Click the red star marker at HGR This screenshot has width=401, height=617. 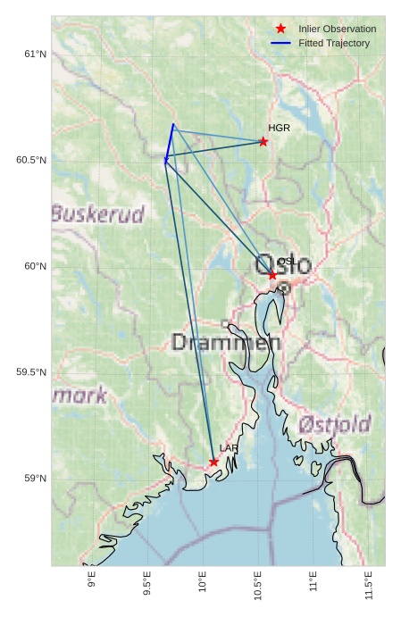tap(263, 141)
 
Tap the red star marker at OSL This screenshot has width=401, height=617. tap(272, 275)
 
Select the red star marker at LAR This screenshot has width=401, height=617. tap(213, 462)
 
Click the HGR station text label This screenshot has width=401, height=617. tap(279, 129)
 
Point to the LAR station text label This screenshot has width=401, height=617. tap(229, 448)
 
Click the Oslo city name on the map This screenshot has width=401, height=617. tap(283, 265)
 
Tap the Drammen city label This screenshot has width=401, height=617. tap(226, 342)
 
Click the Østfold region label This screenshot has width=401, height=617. tap(335, 424)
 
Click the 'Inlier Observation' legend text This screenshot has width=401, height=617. tap(338, 29)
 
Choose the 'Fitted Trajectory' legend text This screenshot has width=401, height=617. tap(334, 43)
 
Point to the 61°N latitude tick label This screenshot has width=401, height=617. tap(35, 54)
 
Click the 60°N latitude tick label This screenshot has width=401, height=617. tap(35, 266)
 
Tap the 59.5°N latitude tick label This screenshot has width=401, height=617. tap(31, 372)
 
